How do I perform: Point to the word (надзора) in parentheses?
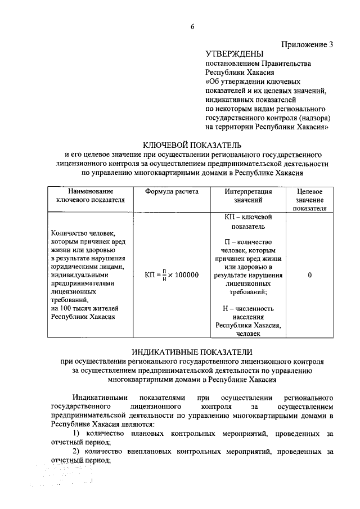coord(313,118)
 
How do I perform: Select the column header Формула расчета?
coord(172,192)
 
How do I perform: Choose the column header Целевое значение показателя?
coord(309,200)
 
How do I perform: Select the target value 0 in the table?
coord(310,275)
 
